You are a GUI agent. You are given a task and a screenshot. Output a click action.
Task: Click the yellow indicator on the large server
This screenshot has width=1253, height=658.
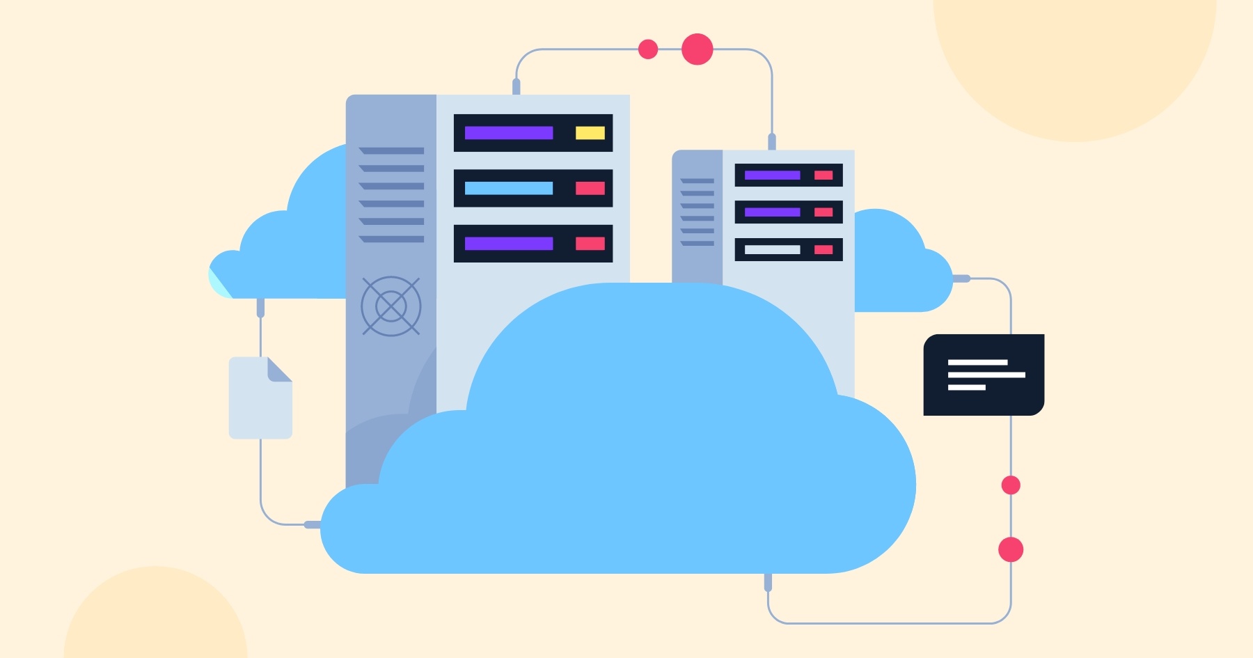coord(590,133)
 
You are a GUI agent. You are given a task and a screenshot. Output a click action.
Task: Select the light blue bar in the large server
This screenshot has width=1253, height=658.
coord(508,188)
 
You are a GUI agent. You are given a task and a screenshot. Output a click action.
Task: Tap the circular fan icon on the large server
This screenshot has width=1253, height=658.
coord(391,306)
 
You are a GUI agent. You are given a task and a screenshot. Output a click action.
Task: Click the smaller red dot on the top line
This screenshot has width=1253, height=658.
coord(648,49)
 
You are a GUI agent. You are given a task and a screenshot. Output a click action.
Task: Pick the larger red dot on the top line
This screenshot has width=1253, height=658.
coord(697,49)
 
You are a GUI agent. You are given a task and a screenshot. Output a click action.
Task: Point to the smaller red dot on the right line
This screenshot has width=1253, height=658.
coord(1011,485)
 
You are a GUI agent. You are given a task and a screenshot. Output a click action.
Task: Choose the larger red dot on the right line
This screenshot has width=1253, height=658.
coord(1011,549)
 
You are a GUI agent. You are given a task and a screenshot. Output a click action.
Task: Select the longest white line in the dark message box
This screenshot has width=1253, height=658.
coord(986,375)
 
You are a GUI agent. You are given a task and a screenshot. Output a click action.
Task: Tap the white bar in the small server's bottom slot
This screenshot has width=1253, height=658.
coord(772,249)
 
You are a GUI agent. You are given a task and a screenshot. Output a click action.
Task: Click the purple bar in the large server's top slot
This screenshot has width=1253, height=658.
coord(508,133)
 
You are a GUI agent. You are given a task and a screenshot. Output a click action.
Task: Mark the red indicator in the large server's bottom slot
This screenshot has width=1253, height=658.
coord(590,244)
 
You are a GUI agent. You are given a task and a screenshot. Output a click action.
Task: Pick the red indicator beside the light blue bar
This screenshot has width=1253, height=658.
coord(590,188)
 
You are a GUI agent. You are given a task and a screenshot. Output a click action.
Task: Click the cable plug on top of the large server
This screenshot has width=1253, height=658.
coord(516,86)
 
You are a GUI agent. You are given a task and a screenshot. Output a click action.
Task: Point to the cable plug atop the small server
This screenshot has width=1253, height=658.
coord(771,141)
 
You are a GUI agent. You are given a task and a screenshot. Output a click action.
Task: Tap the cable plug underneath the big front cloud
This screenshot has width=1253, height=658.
coord(768,582)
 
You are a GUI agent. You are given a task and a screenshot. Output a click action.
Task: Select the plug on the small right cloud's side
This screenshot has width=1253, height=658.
coord(961,279)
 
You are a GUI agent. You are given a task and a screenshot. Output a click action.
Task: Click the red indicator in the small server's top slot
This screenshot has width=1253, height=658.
coord(823,175)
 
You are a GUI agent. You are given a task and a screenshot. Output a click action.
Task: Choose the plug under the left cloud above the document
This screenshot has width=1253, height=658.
coord(260,307)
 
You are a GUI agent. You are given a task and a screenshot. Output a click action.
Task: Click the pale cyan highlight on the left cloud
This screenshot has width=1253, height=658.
coord(219,283)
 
